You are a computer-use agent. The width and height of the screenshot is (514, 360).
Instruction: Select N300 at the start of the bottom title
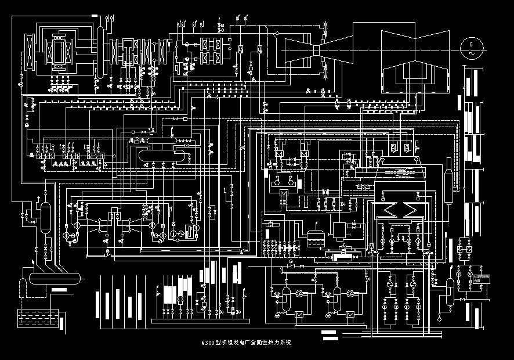click(x=207, y=343)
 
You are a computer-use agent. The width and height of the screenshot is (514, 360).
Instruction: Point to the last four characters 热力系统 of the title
click(x=281, y=343)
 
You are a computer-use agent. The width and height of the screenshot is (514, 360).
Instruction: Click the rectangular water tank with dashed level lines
click(x=38, y=318)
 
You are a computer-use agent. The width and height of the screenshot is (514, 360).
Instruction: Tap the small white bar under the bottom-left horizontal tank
click(x=59, y=289)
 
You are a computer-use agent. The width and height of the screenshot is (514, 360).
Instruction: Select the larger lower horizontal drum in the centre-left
click(x=162, y=155)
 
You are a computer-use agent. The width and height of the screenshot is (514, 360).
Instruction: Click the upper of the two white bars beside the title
click(x=329, y=333)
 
